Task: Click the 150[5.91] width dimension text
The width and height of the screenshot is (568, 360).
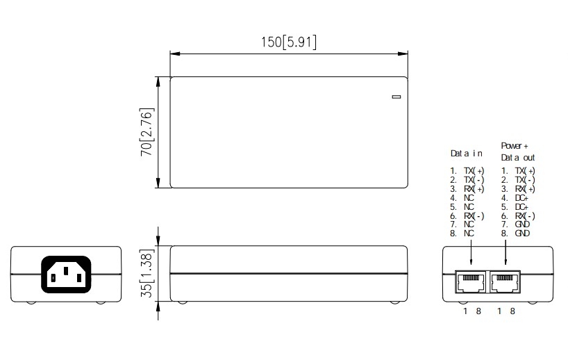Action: tap(288, 42)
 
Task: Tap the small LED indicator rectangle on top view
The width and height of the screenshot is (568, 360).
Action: tap(396, 97)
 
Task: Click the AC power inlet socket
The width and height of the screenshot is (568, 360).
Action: tap(66, 274)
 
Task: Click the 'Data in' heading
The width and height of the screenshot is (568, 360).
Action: tap(466, 153)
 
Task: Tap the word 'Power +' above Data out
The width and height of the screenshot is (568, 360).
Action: tap(515, 146)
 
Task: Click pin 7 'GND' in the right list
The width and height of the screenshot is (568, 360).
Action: tap(523, 224)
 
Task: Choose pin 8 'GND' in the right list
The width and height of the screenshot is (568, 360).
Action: tap(523, 234)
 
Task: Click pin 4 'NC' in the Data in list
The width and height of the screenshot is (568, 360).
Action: tap(469, 198)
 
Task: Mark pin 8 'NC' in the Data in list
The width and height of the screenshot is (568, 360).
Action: tap(469, 234)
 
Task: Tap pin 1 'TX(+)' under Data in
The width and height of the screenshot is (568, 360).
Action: tap(474, 171)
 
